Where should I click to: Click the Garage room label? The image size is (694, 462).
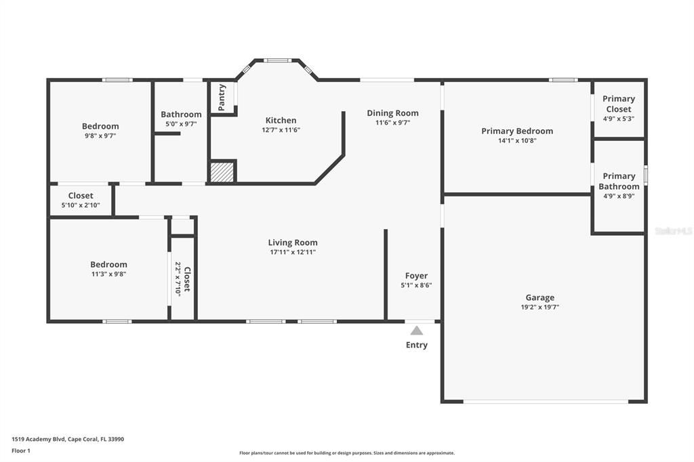click(x=539, y=297)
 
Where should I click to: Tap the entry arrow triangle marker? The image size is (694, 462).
click(x=416, y=331)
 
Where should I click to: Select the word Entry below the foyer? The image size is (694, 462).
click(x=416, y=345)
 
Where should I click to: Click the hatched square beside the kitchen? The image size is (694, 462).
click(x=222, y=172)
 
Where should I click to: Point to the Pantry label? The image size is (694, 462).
click(x=222, y=97)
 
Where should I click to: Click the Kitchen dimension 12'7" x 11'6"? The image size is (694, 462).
click(x=281, y=130)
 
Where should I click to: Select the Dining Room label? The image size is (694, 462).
click(x=392, y=113)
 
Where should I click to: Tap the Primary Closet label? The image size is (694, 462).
click(x=618, y=104)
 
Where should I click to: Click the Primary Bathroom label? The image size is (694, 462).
click(x=618, y=181)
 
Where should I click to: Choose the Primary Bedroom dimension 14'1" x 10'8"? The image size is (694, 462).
click(x=517, y=141)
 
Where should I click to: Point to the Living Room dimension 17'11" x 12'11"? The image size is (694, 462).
click(x=292, y=252)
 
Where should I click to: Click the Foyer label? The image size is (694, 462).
click(x=416, y=276)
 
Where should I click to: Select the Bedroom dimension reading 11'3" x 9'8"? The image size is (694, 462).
click(x=108, y=274)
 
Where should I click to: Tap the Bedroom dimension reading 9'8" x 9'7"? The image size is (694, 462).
click(x=100, y=135)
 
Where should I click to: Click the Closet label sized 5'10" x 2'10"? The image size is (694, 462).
click(x=81, y=196)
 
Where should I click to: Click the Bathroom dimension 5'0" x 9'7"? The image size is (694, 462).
click(x=181, y=124)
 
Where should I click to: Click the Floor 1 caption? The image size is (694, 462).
click(x=21, y=450)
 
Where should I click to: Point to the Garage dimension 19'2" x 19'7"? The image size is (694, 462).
click(x=539, y=307)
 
